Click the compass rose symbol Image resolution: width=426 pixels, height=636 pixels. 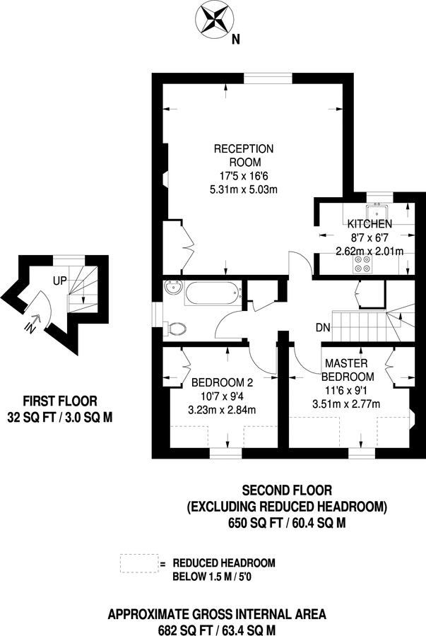pos(213,19)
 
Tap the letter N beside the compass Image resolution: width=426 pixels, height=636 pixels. pos(235,40)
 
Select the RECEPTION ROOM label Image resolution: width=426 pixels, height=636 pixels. pos(244,155)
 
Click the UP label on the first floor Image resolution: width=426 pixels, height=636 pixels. pos(60,281)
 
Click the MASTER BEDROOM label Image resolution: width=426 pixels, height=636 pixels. pos(348,370)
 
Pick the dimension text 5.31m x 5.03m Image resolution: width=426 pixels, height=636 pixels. pos(244,189)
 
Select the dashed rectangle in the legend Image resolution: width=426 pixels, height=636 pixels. pos(138,563)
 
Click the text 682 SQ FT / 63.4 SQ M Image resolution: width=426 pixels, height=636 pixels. pos(217,628)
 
